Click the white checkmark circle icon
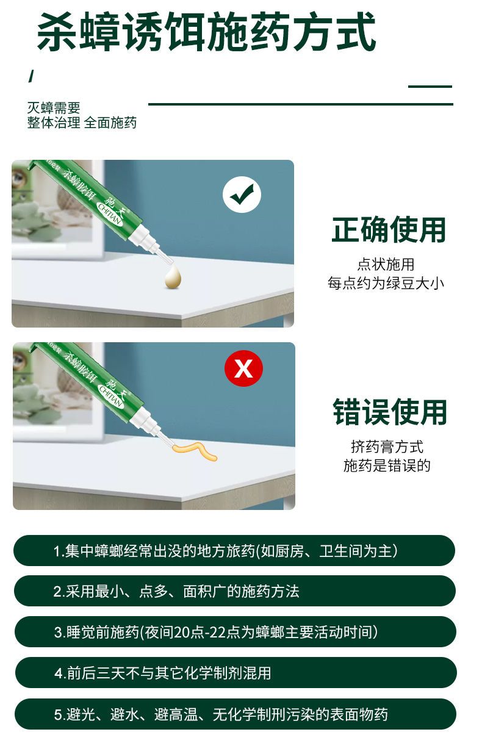pyautogui.click(x=242, y=195)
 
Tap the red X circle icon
pyautogui.click(x=243, y=368)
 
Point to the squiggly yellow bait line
pyautogui.click(x=195, y=451)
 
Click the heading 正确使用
pyautogui.click(x=389, y=230)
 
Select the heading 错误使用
pyautogui.click(x=390, y=412)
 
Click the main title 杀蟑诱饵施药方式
pyautogui.click(x=206, y=32)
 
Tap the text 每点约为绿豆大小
pyautogui.click(x=386, y=283)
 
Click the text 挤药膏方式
pyautogui.click(x=387, y=447)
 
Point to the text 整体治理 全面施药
pyautogui.click(x=82, y=123)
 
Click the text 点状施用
pyautogui.click(x=386, y=264)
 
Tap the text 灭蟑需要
pyautogui.click(x=54, y=108)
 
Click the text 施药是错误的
pyautogui.click(x=387, y=465)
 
